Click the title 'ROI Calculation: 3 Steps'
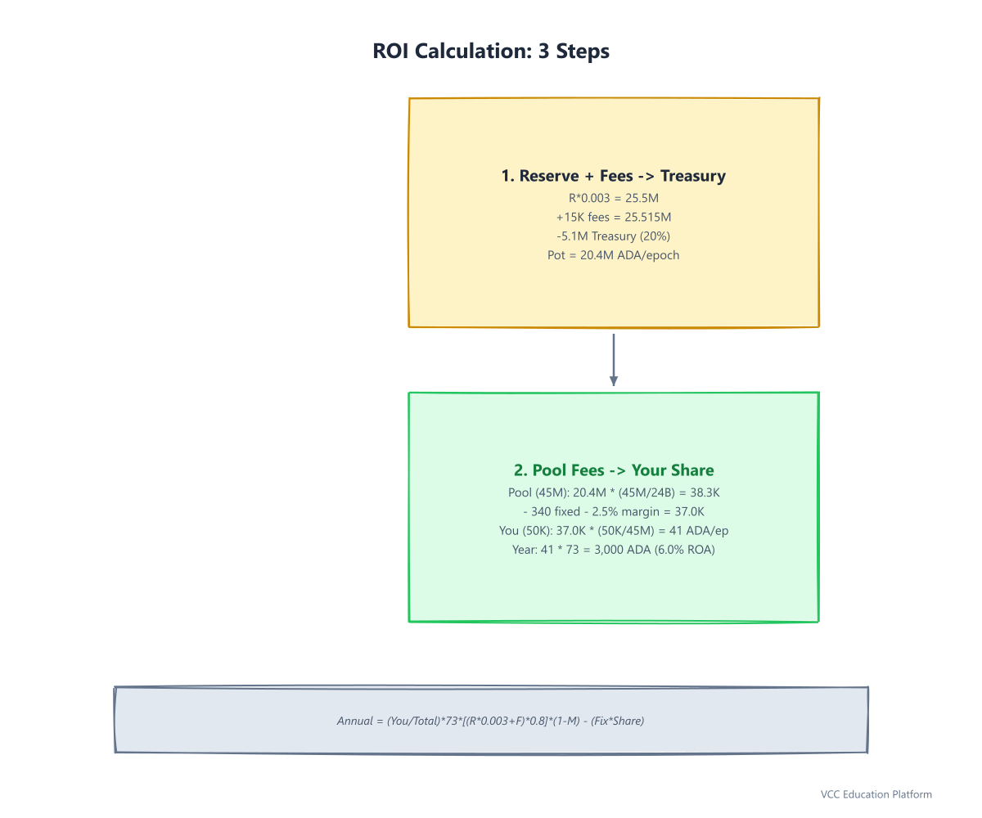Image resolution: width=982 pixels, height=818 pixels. pos(490,52)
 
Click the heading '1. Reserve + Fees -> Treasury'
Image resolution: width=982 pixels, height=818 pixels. pos(613,176)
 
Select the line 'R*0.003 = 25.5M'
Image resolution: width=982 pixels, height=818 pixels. pos(613,198)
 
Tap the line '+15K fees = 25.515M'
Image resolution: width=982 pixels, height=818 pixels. pos(613,218)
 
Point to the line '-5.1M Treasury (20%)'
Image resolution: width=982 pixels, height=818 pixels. pos(613,236)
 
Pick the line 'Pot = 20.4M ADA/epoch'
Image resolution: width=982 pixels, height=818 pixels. pos(613,255)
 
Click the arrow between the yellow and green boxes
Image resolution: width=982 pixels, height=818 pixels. pos(613,360)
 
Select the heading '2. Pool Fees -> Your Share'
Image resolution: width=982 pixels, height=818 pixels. pos(613,470)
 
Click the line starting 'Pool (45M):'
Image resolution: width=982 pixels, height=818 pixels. pos(613,492)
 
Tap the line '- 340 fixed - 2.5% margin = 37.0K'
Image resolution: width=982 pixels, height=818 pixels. pos(613,511)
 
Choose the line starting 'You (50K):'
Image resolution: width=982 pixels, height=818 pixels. pos(613,531)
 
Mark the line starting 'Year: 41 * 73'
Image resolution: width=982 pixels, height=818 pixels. pos(613,550)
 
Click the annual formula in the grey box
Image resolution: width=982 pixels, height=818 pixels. pos(490,721)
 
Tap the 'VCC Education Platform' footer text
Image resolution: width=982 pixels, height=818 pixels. pos(876,794)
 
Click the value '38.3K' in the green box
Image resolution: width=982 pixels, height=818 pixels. pos(705,492)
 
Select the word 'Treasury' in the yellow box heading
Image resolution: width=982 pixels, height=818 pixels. pos(693,176)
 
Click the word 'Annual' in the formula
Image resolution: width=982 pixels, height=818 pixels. pos(355,721)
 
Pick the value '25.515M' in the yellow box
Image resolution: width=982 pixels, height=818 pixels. pos(647,218)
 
